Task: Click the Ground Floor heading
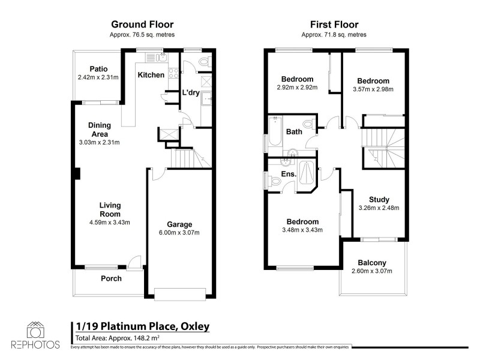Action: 142,25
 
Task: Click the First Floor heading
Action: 334,25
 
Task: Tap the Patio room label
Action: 98,69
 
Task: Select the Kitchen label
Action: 151,75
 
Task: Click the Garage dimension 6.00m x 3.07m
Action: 179,232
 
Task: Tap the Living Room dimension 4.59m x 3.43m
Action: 110,222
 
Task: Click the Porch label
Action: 111,278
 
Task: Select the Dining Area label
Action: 100,130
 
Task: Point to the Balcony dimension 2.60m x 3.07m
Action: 372,271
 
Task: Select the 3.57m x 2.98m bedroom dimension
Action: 373,89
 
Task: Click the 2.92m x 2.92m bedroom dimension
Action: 297,88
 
